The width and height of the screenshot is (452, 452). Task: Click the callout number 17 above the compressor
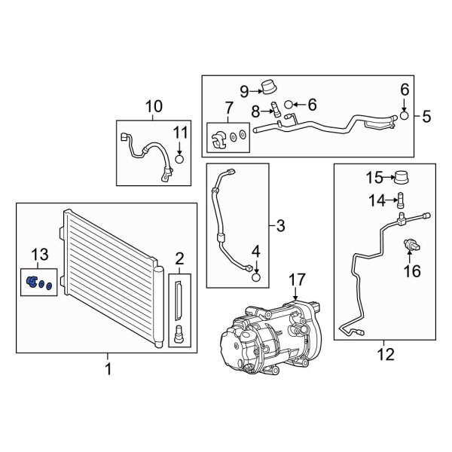[295, 279]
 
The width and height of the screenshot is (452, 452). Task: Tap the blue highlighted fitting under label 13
[32, 282]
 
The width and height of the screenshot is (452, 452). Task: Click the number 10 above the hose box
[153, 107]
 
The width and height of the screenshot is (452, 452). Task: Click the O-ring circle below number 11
[179, 158]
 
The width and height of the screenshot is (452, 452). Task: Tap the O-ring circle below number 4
[256, 276]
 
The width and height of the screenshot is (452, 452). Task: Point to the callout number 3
[280, 224]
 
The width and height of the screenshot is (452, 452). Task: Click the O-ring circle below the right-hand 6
[404, 115]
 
